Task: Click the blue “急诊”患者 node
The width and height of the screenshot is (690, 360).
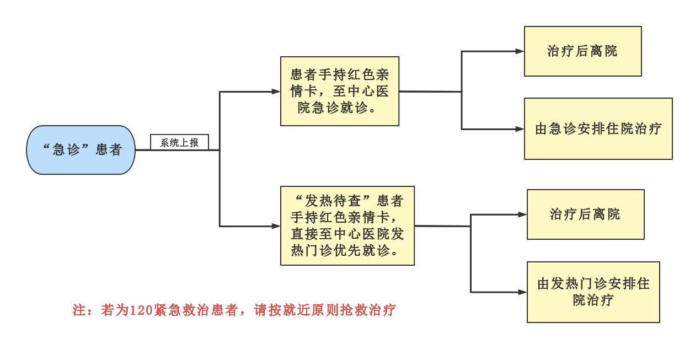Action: click(81, 150)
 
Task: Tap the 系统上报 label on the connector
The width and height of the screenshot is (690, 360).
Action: click(179, 143)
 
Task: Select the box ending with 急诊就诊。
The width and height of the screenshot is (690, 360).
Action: click(339, 92)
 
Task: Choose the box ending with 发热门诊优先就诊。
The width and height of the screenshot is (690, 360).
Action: click(347, 225)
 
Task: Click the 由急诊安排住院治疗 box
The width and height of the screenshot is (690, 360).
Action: click(598, 129)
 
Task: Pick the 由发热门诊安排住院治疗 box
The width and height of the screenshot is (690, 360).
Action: click(593, 292)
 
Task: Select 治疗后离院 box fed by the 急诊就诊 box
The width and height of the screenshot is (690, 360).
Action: click(582, 51)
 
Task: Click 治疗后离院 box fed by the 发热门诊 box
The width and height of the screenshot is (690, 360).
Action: click(585, 214)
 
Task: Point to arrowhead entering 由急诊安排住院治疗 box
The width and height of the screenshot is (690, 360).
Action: click(520, 129)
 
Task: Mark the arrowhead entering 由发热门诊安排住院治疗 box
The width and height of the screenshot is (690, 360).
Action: click(523, 292)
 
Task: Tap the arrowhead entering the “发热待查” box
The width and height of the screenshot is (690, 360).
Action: click(276, 226)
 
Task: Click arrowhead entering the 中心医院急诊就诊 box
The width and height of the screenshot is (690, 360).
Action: click(276, 92)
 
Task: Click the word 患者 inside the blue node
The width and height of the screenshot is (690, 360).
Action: click(108, 150)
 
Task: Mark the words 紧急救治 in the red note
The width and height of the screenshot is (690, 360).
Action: click(175, 310)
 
